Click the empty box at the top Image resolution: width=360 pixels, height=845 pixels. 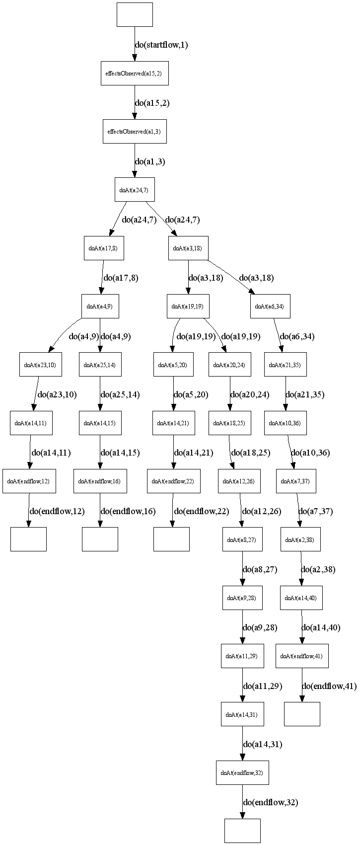click(135, 14)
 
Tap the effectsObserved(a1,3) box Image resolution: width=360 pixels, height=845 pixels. click(135, 132)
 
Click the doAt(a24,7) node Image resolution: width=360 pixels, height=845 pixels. click(135, 190)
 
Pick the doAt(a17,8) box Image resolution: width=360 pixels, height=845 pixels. click(103, 248)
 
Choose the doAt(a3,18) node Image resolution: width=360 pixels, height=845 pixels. click(188, 248)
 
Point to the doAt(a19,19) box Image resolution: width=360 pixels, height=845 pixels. click(188, 307)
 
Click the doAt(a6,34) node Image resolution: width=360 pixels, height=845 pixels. click(270, 307)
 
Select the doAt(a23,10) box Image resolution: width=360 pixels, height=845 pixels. click(40, 365)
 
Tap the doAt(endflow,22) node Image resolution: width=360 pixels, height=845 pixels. click(173, 481)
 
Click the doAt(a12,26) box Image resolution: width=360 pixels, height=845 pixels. click(239, 481)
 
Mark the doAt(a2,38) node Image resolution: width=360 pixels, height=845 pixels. click(300, 539)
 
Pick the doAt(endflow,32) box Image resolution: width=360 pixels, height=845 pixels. click(242, 773)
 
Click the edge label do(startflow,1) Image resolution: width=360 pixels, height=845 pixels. click(161, 45)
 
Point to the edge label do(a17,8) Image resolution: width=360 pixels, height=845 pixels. click(121, 278)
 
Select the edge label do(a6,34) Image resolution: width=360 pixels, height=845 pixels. click(297, 336)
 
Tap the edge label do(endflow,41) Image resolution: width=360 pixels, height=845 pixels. click(329, 687)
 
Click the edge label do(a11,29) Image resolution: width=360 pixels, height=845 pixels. click(263, 687)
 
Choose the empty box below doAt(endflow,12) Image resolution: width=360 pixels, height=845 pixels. click(28, 539)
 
